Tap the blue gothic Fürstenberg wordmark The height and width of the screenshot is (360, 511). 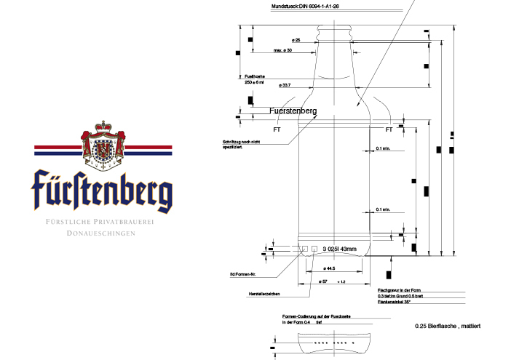[x=103, y=190]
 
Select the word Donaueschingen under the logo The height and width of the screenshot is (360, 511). [x=102, y=233]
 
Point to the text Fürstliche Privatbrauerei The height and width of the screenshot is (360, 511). [x=102, y=221]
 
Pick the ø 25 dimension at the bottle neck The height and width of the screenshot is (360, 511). [x=296, y=39]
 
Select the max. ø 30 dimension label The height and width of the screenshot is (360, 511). [x=282, y=50]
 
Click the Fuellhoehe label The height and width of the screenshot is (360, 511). [x=254, y=76]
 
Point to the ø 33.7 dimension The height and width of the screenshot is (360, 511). [x=290, y=85]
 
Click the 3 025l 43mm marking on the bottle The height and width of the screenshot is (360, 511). [x=339, y=249]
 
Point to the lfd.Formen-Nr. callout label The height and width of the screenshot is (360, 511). [x=241, y=274]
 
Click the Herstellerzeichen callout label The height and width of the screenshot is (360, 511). [x=264, y=295]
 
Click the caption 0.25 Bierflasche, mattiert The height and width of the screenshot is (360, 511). [x=447, y=327]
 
